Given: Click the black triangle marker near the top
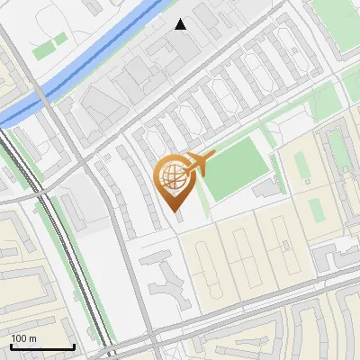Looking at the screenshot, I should (181, 24).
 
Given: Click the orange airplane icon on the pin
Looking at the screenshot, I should (199, 163).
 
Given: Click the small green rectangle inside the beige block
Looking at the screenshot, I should (315, 211).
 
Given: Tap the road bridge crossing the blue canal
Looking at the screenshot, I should (44, 95).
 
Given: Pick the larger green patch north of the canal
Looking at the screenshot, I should (44, 51).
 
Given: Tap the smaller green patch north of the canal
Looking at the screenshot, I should (61, 39).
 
